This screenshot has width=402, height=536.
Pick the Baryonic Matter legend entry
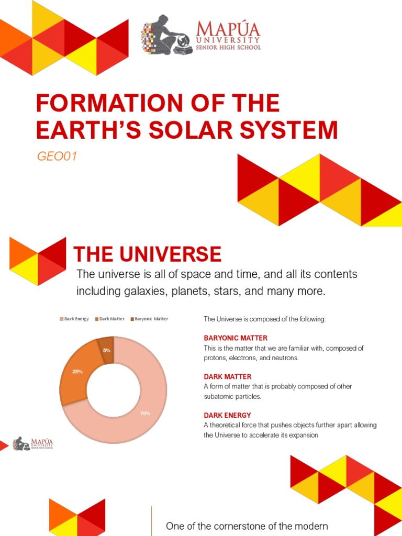pos(149,319)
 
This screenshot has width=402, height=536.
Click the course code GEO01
pos(57,156)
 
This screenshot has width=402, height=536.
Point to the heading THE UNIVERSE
pos(147,254)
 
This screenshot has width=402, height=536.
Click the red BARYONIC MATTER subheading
pos(236,338)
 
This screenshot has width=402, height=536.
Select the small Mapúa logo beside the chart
pos(33,443)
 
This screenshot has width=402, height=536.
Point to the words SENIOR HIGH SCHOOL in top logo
pos(228,48)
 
